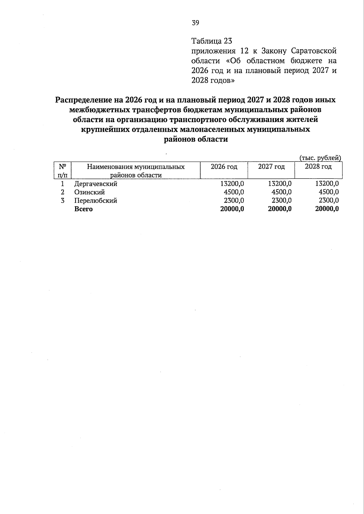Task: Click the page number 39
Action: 195,23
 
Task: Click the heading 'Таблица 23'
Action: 211,41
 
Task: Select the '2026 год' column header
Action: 224,167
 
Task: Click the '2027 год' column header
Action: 271,167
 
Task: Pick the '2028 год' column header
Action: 318,167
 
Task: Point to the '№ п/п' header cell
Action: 62,171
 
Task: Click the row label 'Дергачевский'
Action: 96,184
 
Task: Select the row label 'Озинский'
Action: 89,192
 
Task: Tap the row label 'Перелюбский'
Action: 96,201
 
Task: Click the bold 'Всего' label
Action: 83,209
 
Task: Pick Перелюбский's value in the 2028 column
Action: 329,201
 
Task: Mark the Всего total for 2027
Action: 280,209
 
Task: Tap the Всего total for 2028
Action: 327,209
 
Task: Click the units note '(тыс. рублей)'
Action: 320,158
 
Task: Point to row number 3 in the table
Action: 62,201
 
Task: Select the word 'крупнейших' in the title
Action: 105,130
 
